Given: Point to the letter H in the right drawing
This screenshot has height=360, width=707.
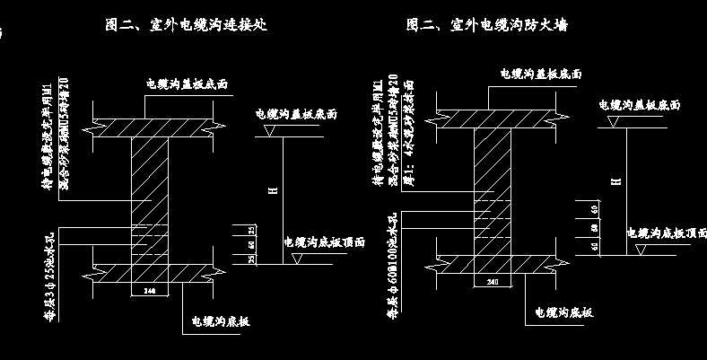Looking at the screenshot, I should coord(615,180).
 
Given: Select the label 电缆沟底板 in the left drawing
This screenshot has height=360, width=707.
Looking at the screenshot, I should coord(222,320).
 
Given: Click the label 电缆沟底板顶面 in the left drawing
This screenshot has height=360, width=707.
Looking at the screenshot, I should coord(324,242).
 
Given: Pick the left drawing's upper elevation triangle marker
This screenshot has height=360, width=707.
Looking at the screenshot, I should coord(266,131).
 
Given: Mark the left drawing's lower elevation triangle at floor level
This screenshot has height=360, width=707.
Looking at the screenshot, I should coord(298,257).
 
